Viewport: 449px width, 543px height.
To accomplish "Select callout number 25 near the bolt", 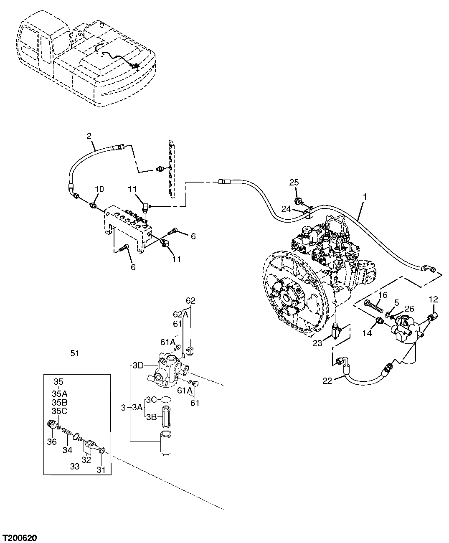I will coord(294,183).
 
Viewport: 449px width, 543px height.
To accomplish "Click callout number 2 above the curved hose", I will coord(89,136).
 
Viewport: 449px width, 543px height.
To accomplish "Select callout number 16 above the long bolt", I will coord(383,295).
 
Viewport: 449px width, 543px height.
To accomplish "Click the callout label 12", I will coord(433,299).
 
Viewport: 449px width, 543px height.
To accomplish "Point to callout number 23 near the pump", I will coord(318,344).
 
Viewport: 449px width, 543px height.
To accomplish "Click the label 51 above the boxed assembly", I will coord(74,353).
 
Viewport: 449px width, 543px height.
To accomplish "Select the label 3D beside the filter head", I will coord(138,366).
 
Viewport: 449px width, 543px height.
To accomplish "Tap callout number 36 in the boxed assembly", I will coord(51,442).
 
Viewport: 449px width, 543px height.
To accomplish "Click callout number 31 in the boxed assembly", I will coord(101,470).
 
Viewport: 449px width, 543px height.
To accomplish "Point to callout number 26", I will coord(409,309).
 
